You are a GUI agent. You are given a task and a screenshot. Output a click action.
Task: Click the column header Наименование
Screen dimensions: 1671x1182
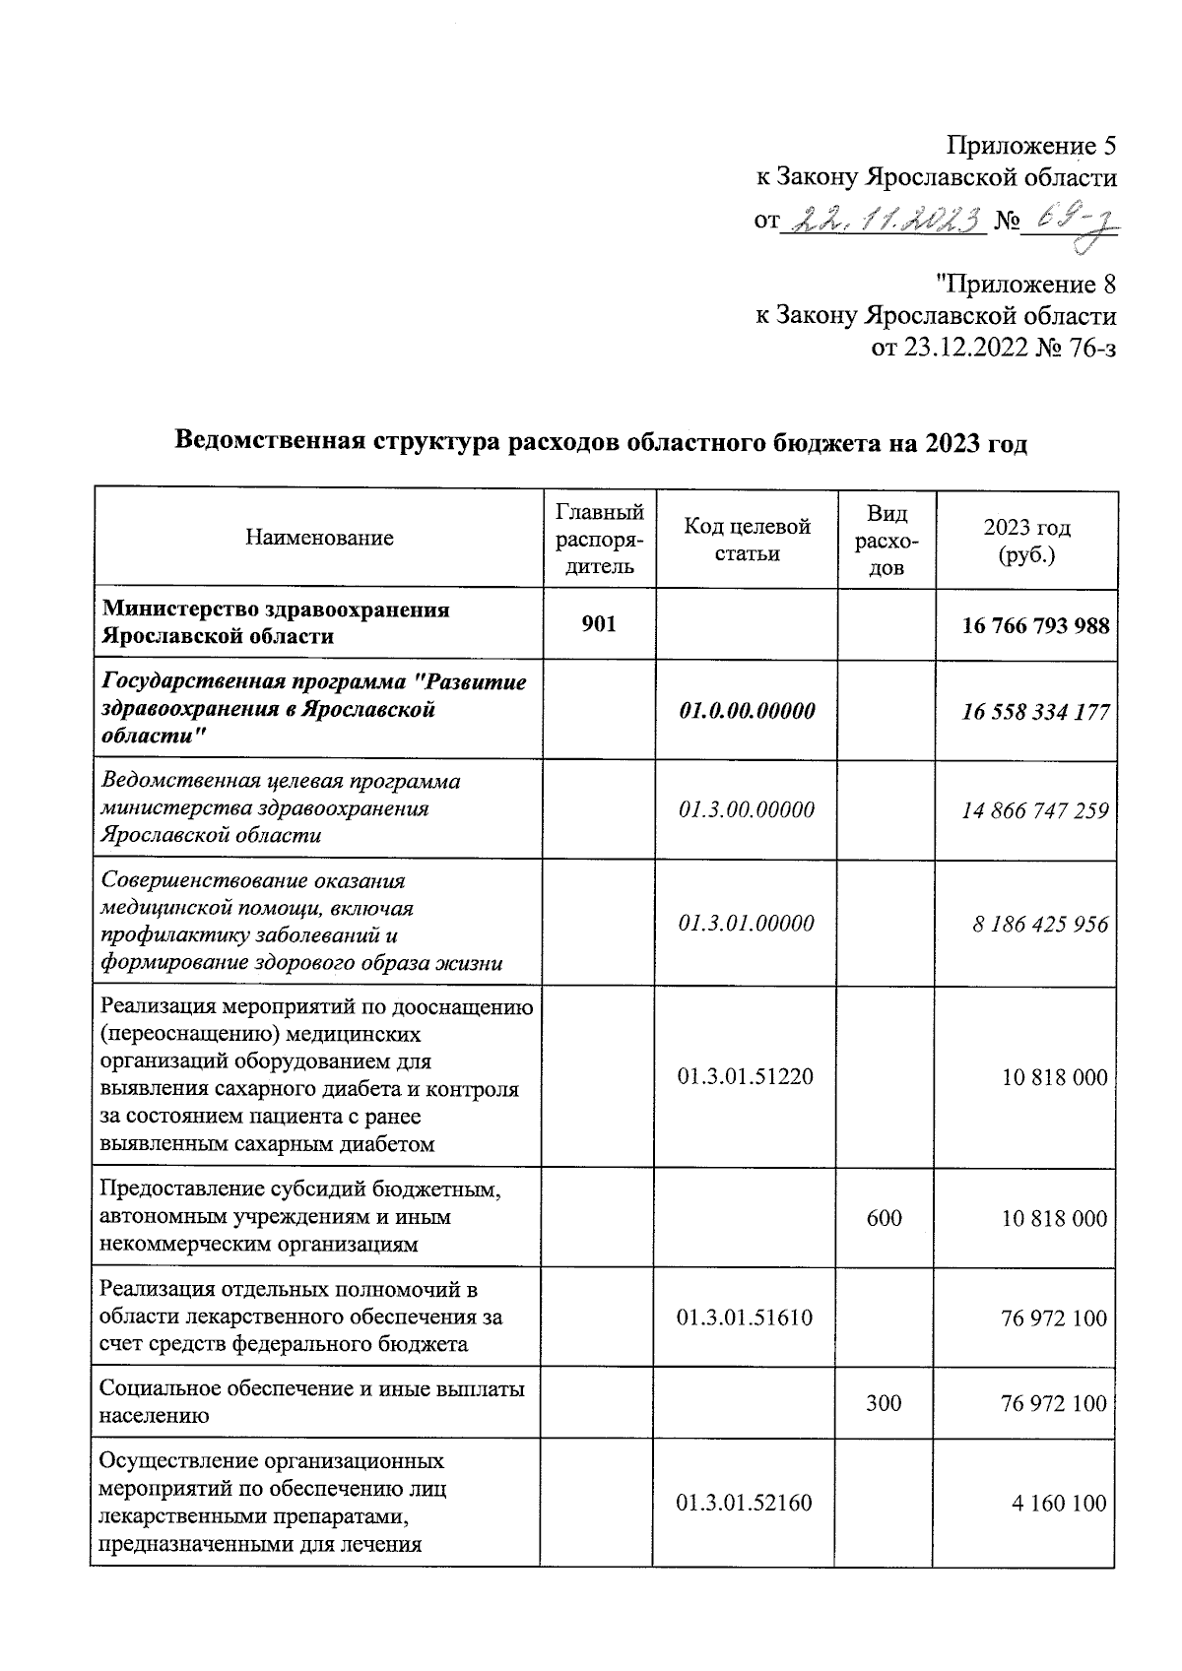[x=319, y=538]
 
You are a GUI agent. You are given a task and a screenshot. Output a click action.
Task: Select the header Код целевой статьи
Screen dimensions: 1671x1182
[x=747, y=540]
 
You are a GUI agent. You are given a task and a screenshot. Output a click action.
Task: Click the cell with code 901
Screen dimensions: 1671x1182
[x=599, y=623]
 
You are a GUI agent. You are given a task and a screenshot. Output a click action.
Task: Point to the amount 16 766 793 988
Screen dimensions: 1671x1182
[x=1035, y=625]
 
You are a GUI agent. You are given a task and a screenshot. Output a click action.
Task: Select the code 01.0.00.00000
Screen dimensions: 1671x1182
[x=747, y=711]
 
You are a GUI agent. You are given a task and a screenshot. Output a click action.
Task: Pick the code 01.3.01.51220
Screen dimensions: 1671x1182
[x=746, y=1076]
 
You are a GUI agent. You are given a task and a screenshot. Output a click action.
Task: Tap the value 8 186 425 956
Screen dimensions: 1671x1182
[x=1041, y=924]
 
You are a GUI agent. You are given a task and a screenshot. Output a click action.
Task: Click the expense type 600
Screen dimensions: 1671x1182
[x=884, y=1218]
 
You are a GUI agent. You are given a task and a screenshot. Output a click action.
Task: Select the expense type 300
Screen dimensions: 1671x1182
[x=884, y=1403]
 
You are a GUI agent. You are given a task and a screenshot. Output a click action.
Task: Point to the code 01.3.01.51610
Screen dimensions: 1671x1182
[x=746, y=1318]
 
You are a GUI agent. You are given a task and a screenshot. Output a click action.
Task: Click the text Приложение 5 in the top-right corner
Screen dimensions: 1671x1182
[x=1031, y=146]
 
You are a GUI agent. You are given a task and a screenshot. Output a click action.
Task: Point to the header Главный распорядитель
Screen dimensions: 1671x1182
[x=599, y=539]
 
